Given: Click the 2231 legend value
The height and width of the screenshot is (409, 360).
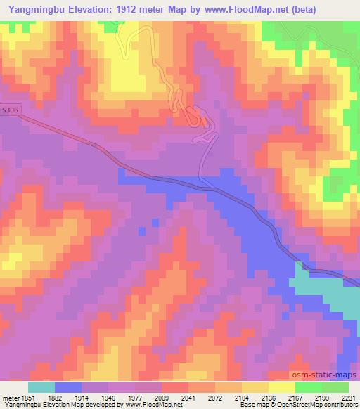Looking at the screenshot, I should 347,396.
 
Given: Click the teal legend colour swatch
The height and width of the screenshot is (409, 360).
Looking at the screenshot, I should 41,387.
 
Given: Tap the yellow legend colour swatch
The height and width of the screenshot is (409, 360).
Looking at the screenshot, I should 282,387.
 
